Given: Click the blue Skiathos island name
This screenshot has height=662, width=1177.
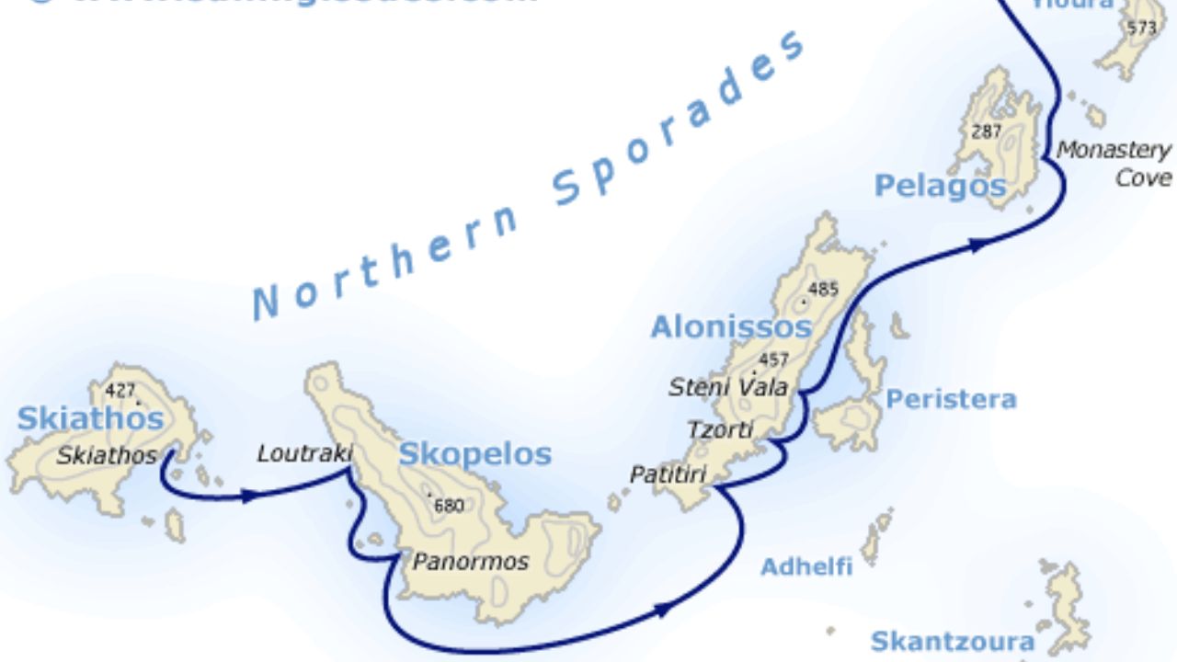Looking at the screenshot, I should [90, 418].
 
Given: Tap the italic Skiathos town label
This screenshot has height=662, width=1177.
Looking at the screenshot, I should [107, 455].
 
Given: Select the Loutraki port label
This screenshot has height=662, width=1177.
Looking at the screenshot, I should [304, 452].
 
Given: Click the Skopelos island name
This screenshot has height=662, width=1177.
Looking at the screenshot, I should [474, 453].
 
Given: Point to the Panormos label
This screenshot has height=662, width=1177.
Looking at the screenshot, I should [470, 561].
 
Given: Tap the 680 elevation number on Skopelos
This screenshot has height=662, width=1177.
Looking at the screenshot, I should [449, 505].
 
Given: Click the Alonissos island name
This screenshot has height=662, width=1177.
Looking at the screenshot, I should [731, 326].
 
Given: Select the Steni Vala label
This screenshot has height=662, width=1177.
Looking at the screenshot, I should [728, 387].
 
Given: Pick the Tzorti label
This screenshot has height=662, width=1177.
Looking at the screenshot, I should [720, 429].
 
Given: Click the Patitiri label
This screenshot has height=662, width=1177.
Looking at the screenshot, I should [668, 474].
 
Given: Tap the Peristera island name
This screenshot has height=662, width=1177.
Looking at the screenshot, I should [951, 399].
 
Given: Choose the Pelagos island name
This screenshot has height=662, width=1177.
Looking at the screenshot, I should [940, 186].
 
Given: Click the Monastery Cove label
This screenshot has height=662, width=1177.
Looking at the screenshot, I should [1114, 163].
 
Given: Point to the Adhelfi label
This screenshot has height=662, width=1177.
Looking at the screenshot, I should [806, 566].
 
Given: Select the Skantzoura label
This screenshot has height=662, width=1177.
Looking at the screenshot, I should [952, 640].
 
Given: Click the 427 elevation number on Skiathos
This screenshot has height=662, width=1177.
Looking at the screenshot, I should [120, 390].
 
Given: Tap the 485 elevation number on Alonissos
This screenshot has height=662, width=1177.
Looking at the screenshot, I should [823, 289].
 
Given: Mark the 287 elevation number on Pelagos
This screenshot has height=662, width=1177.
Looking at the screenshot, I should [986, 131].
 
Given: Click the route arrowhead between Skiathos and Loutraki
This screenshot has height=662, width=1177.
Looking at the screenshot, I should [248, 496].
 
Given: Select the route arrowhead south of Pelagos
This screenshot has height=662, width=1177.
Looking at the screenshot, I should [979, 244].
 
